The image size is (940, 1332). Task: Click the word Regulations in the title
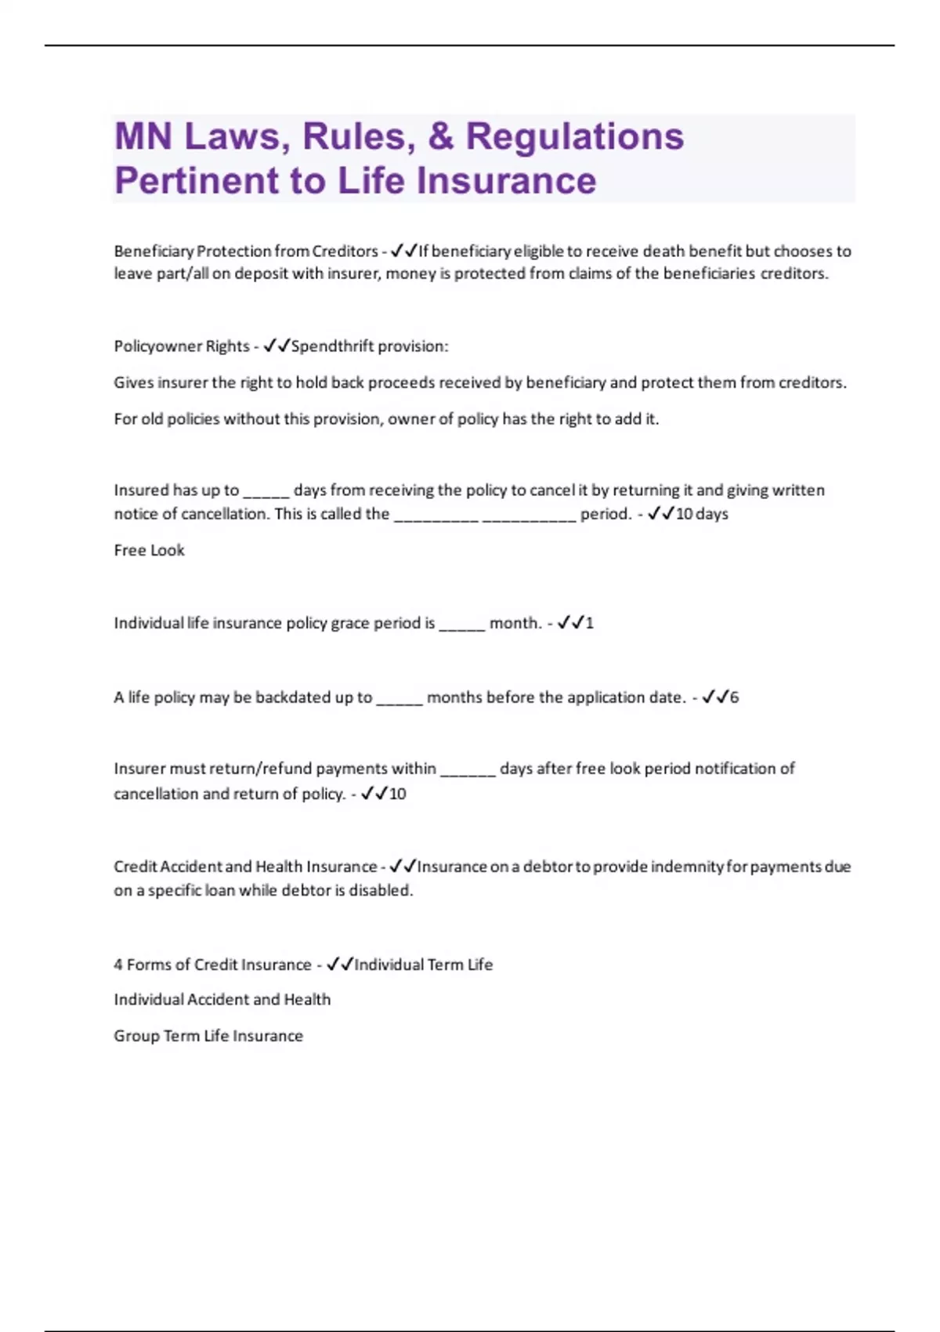[x=575, y=136]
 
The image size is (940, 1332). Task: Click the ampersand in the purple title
[x=441, y=136]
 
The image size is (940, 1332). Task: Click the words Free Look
[x=149, y=550]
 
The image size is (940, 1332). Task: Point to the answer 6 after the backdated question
[x=734, y=697]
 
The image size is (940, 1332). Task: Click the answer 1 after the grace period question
[x=589, y=624]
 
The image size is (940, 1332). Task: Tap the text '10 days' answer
[x=702, y=514]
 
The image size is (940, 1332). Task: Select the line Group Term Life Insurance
[x=208, y=1036]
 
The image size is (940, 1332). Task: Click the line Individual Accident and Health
[x=222, y=1000]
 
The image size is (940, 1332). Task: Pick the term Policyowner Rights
[x=182, y=346]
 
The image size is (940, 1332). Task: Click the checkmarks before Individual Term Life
[x=340, y=965]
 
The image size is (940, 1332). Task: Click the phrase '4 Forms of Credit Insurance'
[x=212, y=965]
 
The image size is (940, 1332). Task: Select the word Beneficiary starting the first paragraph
[x=154, y=252]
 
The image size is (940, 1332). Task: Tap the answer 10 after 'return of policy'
[x=398, y=794]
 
